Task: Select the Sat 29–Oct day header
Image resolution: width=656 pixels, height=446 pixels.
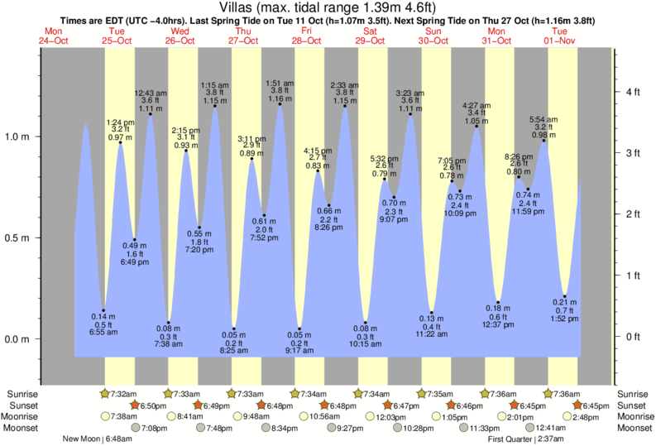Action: pos(370,36)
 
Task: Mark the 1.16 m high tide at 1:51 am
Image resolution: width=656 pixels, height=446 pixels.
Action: pos(280,104)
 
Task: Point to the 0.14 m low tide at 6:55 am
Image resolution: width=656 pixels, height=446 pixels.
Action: pos(103,310)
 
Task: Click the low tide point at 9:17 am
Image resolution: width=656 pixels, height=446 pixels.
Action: pos(299,329)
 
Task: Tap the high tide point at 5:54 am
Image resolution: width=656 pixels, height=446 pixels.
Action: pos(544,141)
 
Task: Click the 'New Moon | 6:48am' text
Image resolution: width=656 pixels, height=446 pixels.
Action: pos(102,439)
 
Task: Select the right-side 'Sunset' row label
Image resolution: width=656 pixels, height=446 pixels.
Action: pos(633,405)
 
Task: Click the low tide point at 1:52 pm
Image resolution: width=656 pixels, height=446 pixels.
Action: pos(565,296)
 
